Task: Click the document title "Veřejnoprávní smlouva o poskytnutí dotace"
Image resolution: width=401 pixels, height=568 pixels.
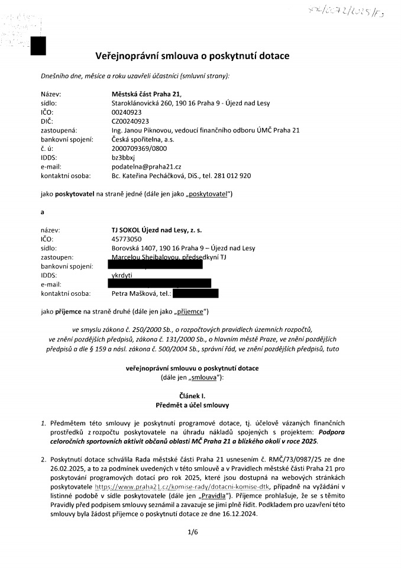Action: pyautogui.click(x=192, y=56)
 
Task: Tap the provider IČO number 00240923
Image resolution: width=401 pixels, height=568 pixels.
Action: pyautogui.click(x=128, y=111)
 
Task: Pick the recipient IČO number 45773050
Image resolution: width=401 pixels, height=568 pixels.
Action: pyautogui.click(x=128, y=239)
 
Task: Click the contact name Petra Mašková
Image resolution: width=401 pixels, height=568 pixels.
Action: pyautogui.click(x=132, y=293)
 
